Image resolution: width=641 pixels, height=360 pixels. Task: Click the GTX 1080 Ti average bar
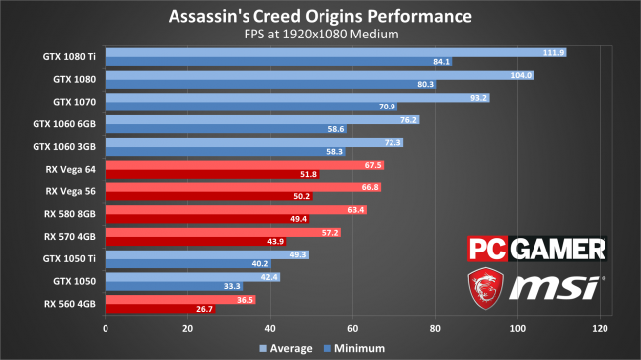[335, 53]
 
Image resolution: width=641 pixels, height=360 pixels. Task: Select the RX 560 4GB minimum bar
[160, 309]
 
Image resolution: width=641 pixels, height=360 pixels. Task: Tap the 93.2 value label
[478, 98]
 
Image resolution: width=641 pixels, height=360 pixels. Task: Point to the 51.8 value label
[308, 174]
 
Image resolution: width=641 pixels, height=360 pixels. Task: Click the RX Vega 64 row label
[70, 169]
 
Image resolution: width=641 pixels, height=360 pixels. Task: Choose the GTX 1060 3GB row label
[64, 146]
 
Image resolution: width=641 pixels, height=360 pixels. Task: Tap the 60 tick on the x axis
[352, 328]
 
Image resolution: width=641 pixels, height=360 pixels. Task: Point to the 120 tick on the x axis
[600, 328]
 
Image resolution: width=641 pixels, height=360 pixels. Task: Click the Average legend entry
[286, 348]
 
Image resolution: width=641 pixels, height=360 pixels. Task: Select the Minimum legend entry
[354, 348]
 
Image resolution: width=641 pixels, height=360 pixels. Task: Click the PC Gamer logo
[537, 249]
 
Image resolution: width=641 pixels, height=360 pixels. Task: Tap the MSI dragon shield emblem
[485, 288]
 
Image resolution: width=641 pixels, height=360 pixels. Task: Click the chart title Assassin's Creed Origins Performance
[320, 17]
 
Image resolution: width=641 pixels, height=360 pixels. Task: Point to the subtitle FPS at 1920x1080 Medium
[321, 34]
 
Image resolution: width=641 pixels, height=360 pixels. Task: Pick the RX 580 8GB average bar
[236, 210]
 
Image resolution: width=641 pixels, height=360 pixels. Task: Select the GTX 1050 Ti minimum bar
[188, 264]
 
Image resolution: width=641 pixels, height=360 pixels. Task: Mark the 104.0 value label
[521, 75]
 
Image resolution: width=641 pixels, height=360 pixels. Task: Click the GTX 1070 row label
[74, 102]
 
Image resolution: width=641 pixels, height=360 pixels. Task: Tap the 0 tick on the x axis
[106, 328]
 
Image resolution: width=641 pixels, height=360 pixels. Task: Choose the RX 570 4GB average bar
[223, 233]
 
